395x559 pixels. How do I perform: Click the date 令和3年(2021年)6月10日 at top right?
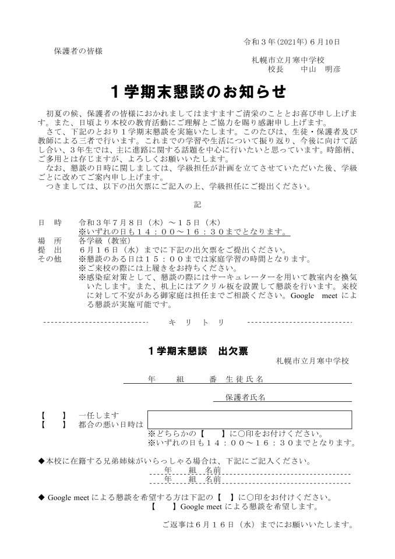[291, 42]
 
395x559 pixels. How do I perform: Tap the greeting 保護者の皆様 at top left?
[78, 51]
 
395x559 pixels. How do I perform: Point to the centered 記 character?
[198, 204]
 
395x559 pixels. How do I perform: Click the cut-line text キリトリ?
[198, 322]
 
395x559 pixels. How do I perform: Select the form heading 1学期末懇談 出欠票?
[198, 351]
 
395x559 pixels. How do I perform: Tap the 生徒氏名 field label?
[245, 379]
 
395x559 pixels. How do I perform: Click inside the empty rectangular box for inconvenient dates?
[249, 420]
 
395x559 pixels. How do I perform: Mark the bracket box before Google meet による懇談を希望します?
[161, 507]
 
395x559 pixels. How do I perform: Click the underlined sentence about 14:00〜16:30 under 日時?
[184, 232]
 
